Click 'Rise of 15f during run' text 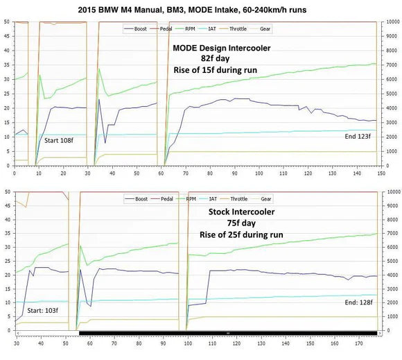click(x=220, y=71)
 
